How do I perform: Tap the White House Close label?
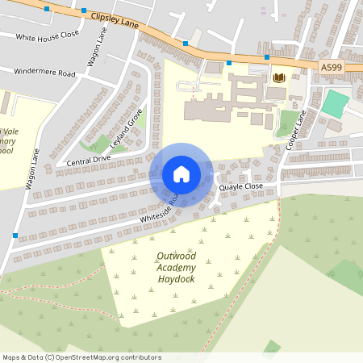[47, 35]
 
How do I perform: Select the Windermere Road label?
[44, 73]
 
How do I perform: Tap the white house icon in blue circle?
[181, 174]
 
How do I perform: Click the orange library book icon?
[279, 77]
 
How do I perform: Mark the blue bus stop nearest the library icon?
[267, 57]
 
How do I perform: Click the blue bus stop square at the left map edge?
[15, 235]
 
